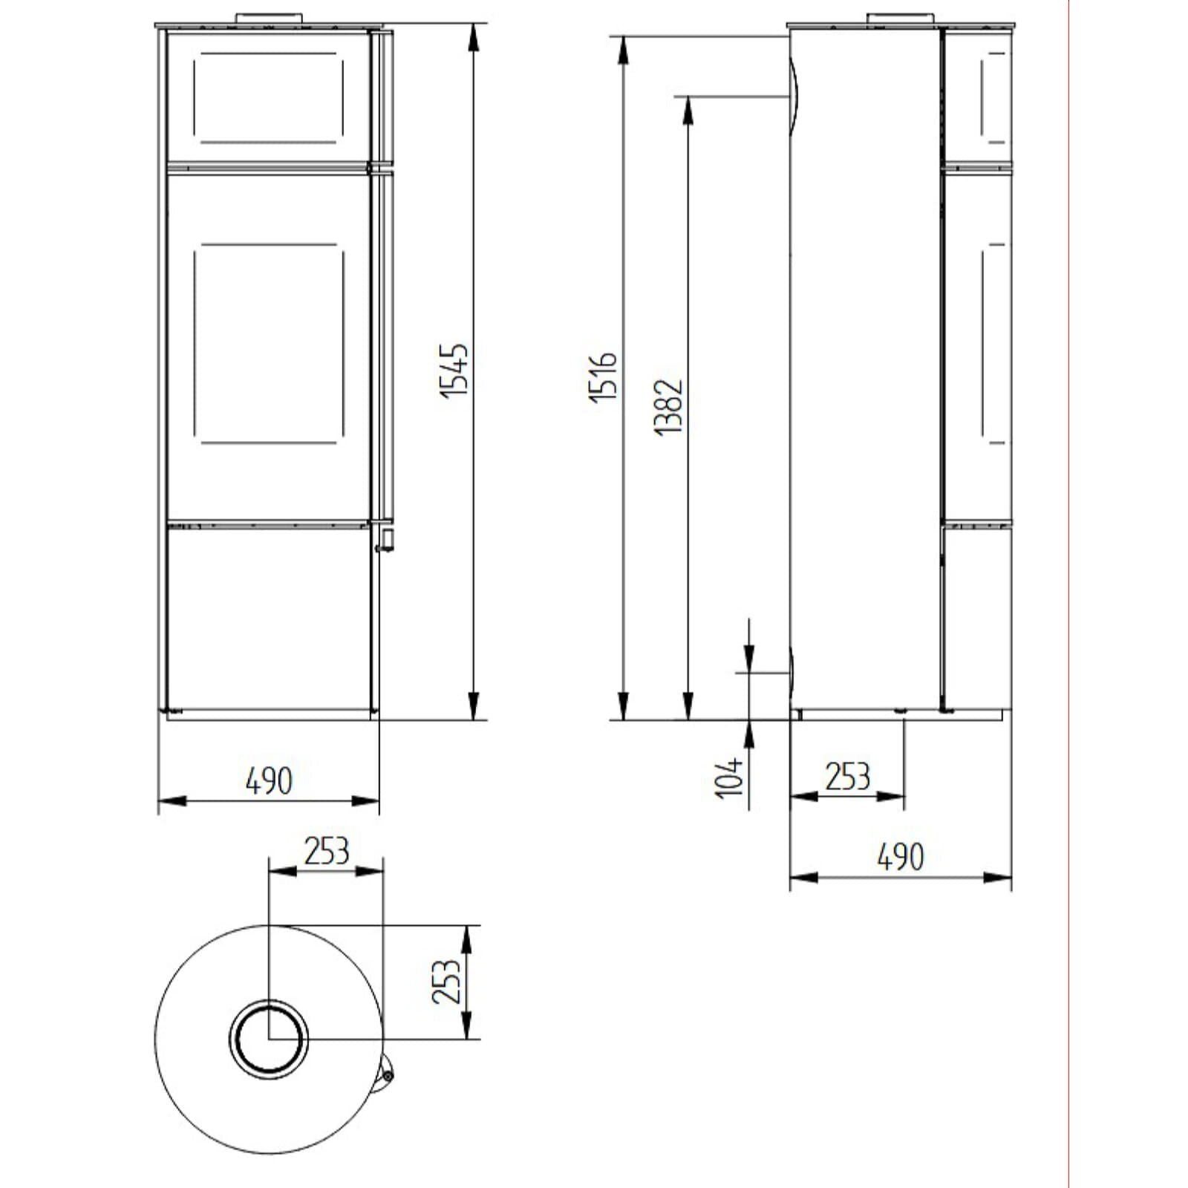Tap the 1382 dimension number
pyautogui.click(x=669, y=407)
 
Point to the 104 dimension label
pyautogui.click(x=730, y=777)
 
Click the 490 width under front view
pyautogui.click(x=269, y=780)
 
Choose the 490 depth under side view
pyautogui.click(x=901, y=857)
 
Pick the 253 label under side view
pyautogui.click(x=847, y=777)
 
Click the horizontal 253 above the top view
pyautogui.click(x=326, y=851)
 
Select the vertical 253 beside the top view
pyautogui.click(x=448, y=982)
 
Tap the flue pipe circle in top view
pyautogui.click(x=269, y=1038)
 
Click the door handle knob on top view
pyautogui.click(x=388, y=1074)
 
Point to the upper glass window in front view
pyautogui.click(x=269, y=97)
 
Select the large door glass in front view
pyautogui.click(x=269, y=343)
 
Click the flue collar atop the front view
pyautogui.click(x=269, y=17)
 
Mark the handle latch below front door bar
pyautogui.click(x=385, y=540)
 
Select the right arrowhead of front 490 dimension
pyautogui.click(x=367, y=801)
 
